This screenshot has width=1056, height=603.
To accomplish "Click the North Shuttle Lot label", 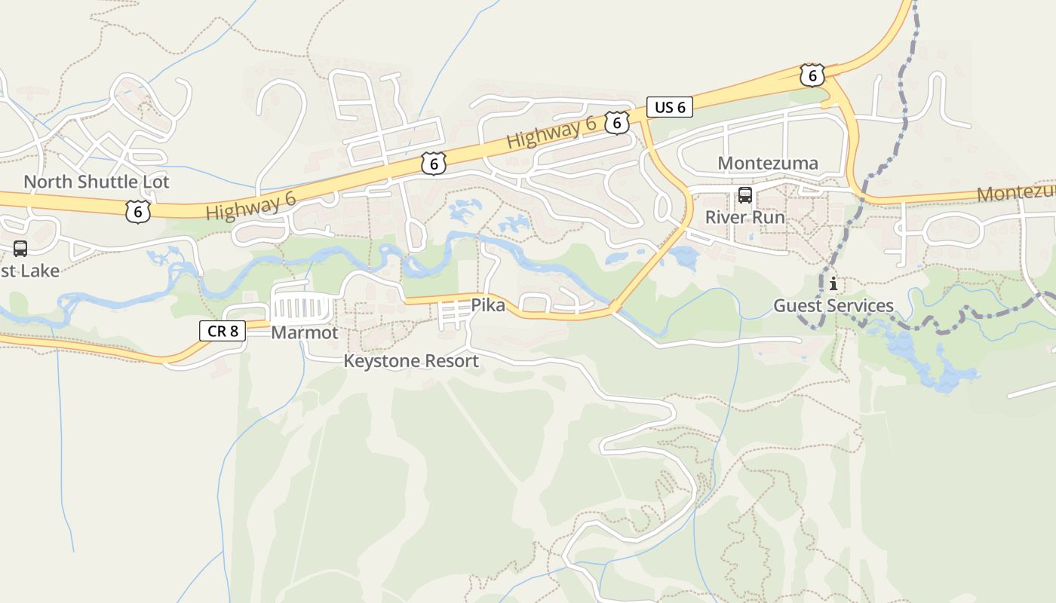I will tap(97, 182).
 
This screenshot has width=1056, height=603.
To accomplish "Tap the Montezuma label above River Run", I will tap(768, 164).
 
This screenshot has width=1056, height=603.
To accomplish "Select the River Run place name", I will tap(744, 218).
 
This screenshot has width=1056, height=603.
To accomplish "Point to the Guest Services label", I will tap(833, 306).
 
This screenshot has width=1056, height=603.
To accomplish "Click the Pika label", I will tap(488, 305).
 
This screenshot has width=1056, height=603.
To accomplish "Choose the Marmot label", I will tap(305, 332).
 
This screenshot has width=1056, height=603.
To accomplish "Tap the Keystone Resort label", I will tap(411, 361).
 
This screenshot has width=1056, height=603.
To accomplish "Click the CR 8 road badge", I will tap(223, 330).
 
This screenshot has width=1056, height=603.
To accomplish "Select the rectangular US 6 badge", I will tap(669, 107).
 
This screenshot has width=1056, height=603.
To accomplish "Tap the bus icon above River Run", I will tap(745, 196).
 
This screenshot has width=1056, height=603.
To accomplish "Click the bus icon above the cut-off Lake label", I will tap(20, 249).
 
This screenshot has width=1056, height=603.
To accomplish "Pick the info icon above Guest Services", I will tap(833, 284).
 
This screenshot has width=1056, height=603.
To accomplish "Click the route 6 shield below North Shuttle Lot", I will tap(138, 212).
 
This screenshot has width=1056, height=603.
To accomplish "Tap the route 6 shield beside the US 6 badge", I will tap(617, 123).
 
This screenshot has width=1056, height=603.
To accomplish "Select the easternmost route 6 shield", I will tap(812, 75).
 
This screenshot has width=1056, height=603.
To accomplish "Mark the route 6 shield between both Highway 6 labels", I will tap(434, 164).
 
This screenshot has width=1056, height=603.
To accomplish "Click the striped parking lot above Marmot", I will tap(302, 308).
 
